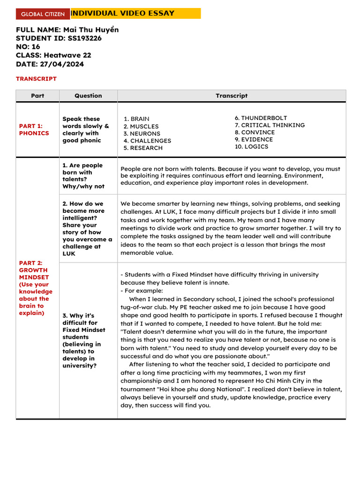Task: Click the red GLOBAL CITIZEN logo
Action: tap(43, 14)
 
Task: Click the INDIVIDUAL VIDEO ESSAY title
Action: tap(122, 14)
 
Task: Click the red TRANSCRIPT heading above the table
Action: tap(36, 79)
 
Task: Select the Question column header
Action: tap(88, 96)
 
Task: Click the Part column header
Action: tap(37, 96)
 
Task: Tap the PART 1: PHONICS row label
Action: tap(34, 129)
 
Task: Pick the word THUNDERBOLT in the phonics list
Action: tap(264, 118)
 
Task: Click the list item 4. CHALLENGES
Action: tap(147, 141)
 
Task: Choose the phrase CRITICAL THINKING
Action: tap(273, 125)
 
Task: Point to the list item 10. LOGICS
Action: tap(252, 147)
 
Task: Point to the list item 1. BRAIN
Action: tap(136, 119)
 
